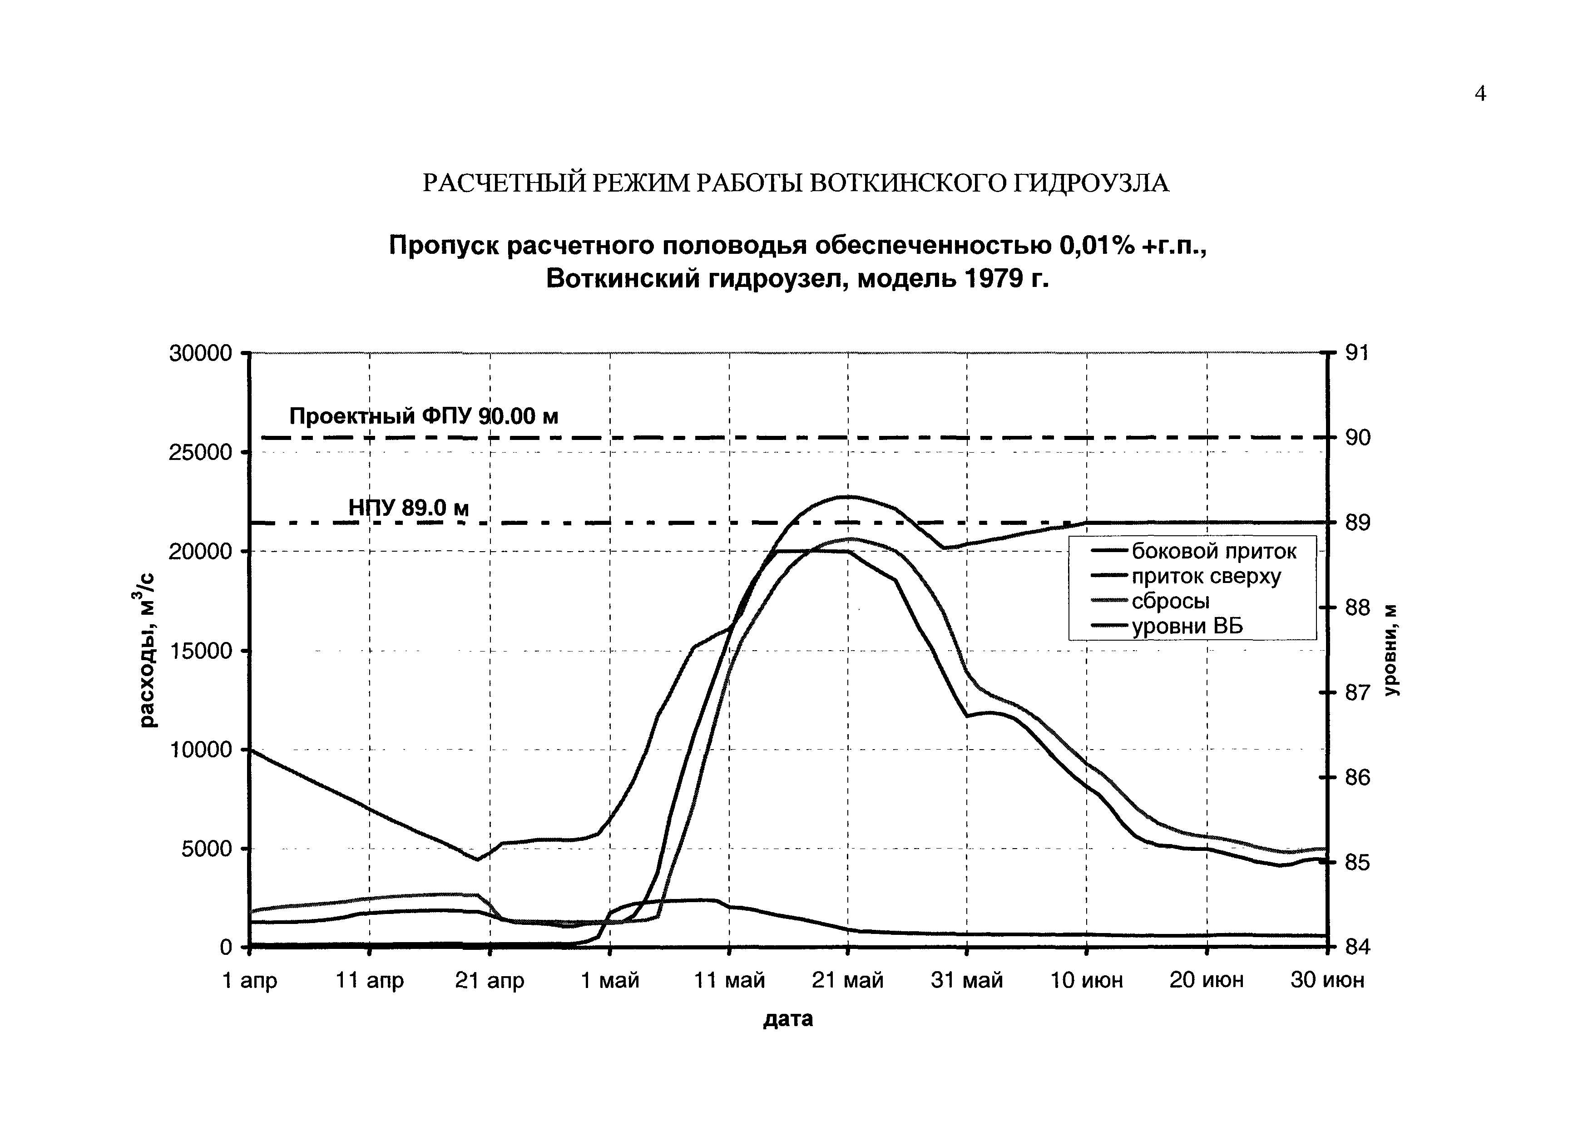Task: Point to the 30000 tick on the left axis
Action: pos(201,353)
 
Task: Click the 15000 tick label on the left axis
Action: pos(201,651)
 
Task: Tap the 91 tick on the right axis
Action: pos(1356,353)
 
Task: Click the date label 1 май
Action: pos(610,980)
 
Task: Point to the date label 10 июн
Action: pos(1087,980)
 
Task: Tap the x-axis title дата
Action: pos(788,1018)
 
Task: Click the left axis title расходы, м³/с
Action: pos(148,650)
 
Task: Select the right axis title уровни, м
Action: pos(1392,650)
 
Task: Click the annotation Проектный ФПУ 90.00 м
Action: pos(423,416)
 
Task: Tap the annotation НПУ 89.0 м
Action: pos(409,509)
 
